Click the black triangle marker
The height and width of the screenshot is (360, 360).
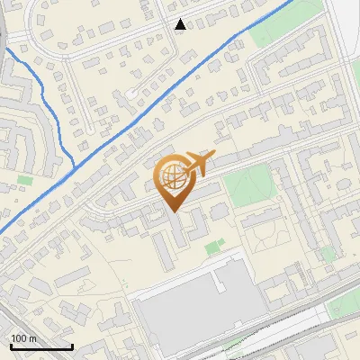[x=181, y=24]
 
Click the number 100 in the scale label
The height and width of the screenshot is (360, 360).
[x=19, y=338]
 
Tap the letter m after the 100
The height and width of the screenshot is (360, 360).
[x=31, y=338]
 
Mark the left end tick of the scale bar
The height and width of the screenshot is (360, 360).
[x=9, y=346]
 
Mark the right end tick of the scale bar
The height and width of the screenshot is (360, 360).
[x=72, y=346]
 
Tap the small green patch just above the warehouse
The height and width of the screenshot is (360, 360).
[x=212, y=247]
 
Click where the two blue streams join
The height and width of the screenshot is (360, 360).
[x=73, y=166]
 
